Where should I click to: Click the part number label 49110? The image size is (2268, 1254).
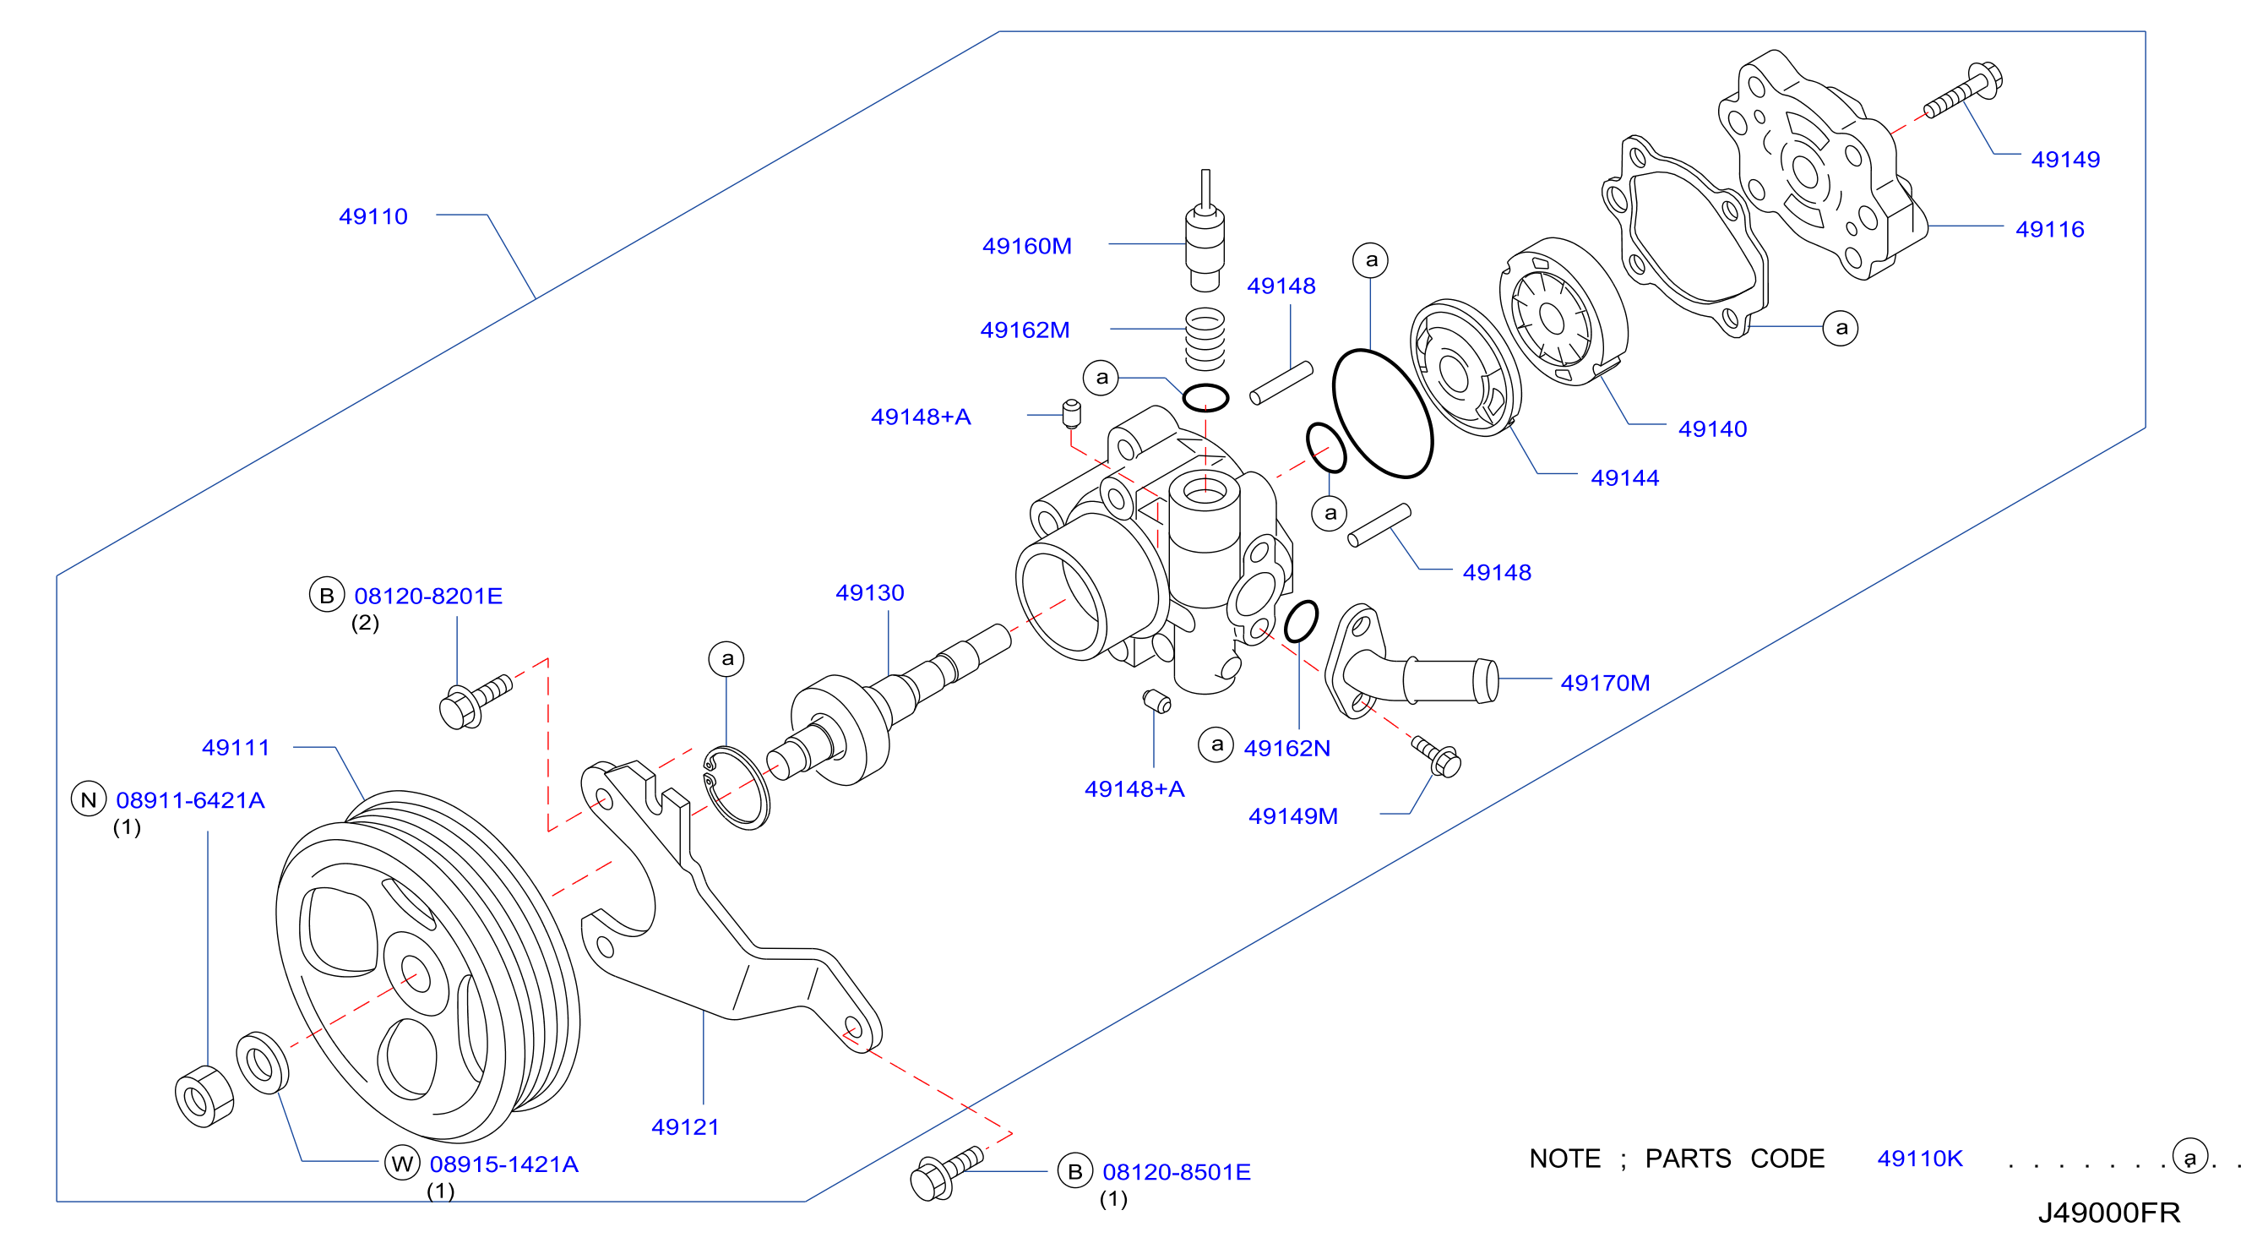point(373,216)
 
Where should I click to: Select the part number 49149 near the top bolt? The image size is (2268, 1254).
point(2064,160)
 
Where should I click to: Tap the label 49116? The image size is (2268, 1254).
point(2050,230)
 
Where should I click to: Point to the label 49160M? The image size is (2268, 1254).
point(1026,246)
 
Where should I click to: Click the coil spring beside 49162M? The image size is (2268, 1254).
point(1205,338)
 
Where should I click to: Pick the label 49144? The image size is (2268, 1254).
point(1624,478)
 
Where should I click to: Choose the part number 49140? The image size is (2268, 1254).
point(1712,429)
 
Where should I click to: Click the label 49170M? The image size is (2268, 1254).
point(1605,683)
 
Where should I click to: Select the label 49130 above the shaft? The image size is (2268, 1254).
point(870,592)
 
